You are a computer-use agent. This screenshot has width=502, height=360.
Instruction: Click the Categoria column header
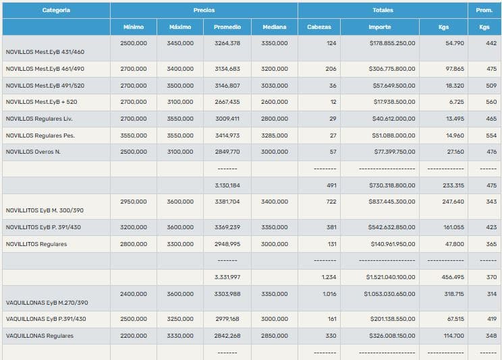click(56, 10)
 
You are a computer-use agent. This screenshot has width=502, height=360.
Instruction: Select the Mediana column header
click(274, 27)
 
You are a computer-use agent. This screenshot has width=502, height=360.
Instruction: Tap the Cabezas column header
click(318, 27)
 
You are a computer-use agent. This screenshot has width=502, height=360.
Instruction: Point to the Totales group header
click(383, 10)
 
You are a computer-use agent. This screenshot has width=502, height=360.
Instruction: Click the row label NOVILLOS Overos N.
click(33, 152)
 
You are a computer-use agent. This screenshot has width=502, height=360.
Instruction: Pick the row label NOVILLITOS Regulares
click(36, 244)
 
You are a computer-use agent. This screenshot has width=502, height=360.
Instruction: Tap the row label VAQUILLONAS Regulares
click(40, 336)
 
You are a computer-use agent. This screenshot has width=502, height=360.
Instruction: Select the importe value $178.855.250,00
click(392, 43)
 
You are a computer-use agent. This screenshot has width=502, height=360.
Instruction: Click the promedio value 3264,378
click(227, 43)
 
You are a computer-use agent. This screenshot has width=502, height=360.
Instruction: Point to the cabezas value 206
click(331, 69)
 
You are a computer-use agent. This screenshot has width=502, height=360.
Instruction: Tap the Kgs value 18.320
click(454, 86)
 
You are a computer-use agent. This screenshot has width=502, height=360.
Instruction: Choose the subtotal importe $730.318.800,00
click(392, 185)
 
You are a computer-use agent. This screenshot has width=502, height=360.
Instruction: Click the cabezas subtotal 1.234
click(329, 277)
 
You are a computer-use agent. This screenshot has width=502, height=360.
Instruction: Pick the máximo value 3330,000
click(180, 336)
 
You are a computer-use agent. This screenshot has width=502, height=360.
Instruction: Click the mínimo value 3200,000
click(133, 227)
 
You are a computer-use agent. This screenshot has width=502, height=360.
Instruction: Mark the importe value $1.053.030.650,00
click(389, 294)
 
